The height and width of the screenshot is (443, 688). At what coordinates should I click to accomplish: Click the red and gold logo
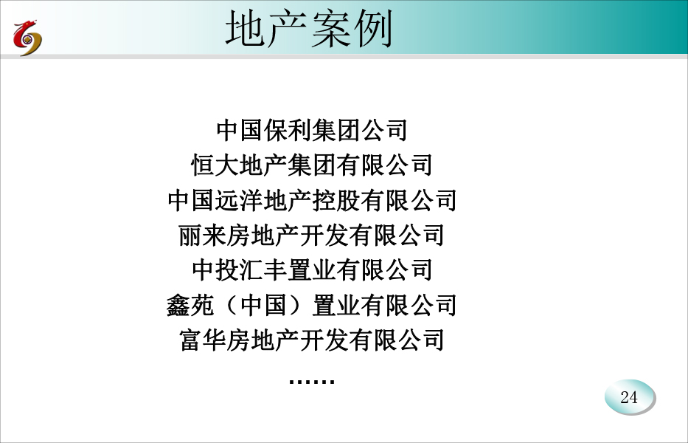[x=27, y=38]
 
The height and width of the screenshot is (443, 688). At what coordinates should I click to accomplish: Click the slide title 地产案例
[x=309, y=29]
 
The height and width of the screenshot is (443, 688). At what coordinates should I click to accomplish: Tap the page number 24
[x=629, y=397]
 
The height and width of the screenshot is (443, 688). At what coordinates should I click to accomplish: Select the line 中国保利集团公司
[x=312, y=130]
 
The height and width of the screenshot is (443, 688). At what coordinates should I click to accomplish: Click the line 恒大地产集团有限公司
[x=312, y=165]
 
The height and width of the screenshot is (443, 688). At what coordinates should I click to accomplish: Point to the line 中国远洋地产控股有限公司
[x=312, y=200]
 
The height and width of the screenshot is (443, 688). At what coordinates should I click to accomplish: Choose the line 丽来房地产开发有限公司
[x=312, y=235]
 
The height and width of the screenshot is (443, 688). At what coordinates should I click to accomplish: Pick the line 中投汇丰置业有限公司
[x=312, y=269]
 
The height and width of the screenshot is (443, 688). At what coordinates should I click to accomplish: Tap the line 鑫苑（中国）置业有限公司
[x=312, y=305]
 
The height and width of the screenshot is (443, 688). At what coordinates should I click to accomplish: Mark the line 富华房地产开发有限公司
[x=312, y=340]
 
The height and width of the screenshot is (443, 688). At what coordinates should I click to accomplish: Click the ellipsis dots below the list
[x=312, y=381]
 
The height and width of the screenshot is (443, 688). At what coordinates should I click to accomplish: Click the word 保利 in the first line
[x=288, y=130]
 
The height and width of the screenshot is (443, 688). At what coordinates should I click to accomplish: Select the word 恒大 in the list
[x=215, y=165]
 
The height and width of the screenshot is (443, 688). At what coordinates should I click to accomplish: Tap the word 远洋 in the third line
[x=240, y=200]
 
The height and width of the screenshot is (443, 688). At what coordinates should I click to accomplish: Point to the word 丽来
[x=202, y=235]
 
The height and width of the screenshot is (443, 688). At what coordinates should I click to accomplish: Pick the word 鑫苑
[x=190, y=305]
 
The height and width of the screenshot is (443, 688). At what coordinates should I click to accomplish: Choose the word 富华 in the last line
[x=203, y=340]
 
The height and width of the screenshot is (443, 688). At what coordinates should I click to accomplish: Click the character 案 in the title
[x=330, y=29]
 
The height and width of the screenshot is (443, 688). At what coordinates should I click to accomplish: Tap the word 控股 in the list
[x=336, y=200]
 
